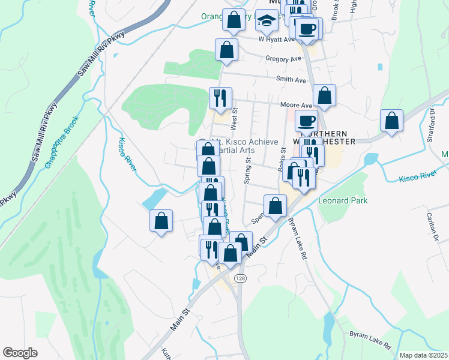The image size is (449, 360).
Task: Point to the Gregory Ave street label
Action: (283, 59)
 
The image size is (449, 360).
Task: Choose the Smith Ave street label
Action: (291, 79)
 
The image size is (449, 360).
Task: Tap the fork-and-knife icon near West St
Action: (220, 98)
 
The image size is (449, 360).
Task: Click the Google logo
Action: (20, 352)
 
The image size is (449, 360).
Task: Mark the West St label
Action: (235, 118)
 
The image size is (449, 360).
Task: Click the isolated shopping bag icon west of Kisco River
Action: (161, 221)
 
